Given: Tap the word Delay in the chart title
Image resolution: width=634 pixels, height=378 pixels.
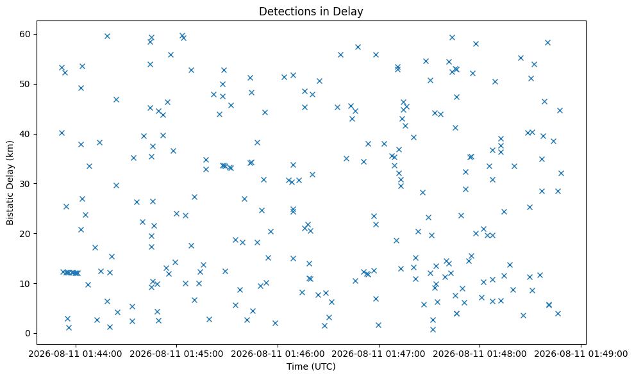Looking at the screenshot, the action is pyautogui.click(x=351, y=12).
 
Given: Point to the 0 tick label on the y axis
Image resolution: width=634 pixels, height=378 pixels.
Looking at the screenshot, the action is pyautogui.click(x=28, y=334).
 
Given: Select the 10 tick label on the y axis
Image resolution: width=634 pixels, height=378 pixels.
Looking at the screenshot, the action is pyautogui.click(x=25, y=284).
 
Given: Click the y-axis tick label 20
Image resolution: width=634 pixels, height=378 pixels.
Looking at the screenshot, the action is pyautogui.click(x=25, y=234).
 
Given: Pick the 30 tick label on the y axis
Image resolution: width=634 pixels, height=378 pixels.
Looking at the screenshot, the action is pyautogui.click(x=25, y=184).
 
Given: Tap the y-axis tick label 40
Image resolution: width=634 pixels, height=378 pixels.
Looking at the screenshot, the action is pyautogui.click(x=25, y=134).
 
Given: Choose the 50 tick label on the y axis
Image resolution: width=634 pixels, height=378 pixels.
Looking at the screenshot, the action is pyautogui.click(x=25, y=84).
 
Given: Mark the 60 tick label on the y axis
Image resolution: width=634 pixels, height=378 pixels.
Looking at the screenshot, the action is pyautogui.click(x=25, y=35).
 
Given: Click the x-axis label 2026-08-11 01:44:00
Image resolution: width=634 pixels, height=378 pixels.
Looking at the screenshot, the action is pyautogui.click(x=75, y=354).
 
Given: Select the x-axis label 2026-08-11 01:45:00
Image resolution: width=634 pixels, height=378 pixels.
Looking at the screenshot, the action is pyautogui.click(x=176, y=354).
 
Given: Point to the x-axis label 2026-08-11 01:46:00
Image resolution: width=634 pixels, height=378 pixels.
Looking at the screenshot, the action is pyautogui.click(x=278, y=354).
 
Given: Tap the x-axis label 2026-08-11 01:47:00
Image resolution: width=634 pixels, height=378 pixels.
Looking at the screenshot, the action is pyautogui.click(x=378, y=354).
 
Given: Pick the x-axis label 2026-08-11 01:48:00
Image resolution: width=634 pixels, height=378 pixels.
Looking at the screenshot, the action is pyautogui.click(x=480, y=354).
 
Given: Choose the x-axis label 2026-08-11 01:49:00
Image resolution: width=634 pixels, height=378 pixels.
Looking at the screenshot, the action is pyautogui.click(x=581, y=354).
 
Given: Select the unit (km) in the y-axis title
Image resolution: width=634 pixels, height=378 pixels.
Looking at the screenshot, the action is pyautogui.click(x=10, y=150).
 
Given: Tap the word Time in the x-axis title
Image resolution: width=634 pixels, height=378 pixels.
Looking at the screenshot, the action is pyautogui.click(x=295, y=366).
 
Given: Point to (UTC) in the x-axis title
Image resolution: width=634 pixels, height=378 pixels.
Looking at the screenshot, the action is pyautogui.click(x=321, y=366).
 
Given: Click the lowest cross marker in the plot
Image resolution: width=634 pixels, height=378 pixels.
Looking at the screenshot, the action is pyautogui.click(x=433, y=329).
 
